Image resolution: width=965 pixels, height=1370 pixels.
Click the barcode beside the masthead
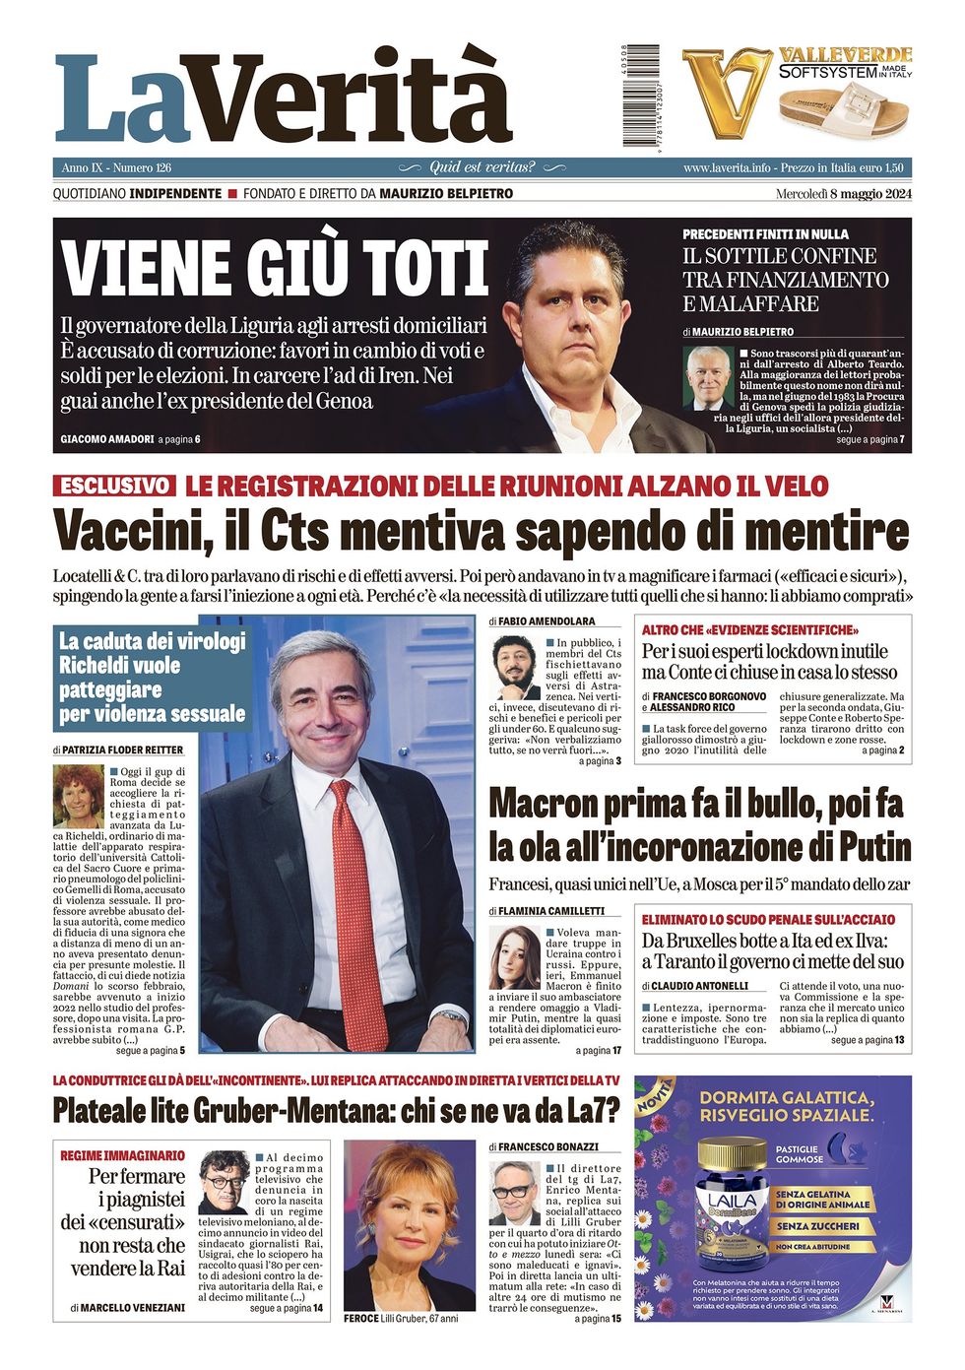641,96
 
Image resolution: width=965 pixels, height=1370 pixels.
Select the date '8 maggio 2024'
869,193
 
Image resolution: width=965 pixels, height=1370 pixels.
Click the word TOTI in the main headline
424,267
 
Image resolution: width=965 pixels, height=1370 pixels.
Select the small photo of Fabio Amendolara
514,669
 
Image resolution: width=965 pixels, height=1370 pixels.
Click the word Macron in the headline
551,803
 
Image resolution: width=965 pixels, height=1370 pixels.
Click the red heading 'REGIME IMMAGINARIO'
122,1155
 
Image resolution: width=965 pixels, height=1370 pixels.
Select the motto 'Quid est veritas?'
482,167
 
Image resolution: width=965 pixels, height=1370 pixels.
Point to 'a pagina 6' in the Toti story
178,438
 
